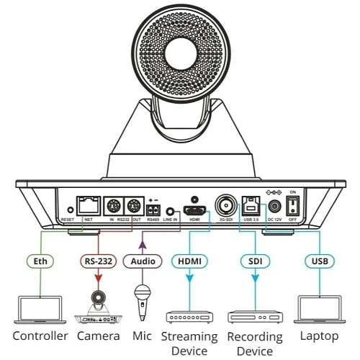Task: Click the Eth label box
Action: point(40,261)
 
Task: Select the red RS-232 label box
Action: point(96,261)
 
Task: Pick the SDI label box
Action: point(255,261)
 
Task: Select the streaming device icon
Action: point(189,316)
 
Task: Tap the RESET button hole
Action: point(68,210)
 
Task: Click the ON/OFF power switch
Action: point(292,207)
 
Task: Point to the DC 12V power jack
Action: point(273,207)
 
